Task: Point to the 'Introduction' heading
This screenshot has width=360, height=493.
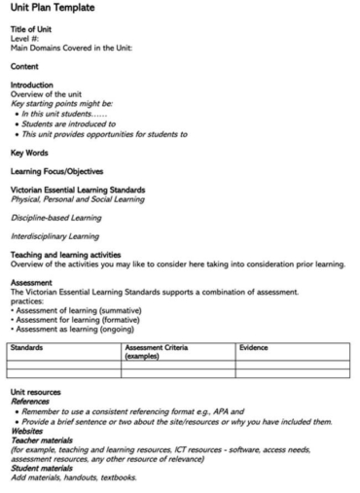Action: [32, 85]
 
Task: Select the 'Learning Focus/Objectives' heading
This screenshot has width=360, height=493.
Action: [57, 171]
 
